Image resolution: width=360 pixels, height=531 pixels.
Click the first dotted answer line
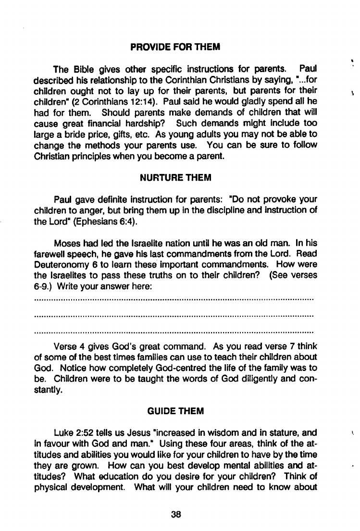coord(174,299)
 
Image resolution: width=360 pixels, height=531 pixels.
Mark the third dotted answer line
coord(174,332)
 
